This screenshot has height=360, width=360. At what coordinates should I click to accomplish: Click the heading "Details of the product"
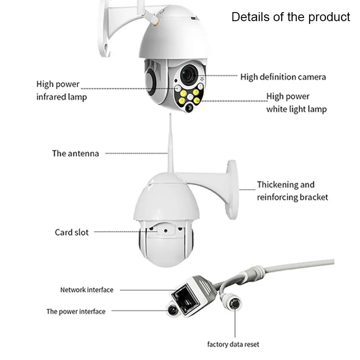pyautogui.click(x=290, y=17)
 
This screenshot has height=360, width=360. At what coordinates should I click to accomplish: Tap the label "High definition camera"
pyautogui.click(x=283, y=77)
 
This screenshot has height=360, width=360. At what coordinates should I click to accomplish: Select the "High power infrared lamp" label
pyautogui.click(x=61, y=90)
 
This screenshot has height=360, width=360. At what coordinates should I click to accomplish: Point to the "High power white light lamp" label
pyautogui.click(x=296, y=103)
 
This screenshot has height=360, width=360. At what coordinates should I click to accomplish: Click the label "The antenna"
pyautogui.click(x=75, y=153)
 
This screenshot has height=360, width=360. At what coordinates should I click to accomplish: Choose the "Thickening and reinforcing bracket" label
pyautogui.click(x=292, y=191)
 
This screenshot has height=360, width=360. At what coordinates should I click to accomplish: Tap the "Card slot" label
pyautogui.click(x=72, y=232)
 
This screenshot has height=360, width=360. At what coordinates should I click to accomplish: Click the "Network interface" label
pyautogui.click(x=87, y=290)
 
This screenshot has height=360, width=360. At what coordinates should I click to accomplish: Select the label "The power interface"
pyautogui.click(x=76, y=311)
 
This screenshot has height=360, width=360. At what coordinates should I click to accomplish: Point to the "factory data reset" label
pyautogui.click(x=233, y=345)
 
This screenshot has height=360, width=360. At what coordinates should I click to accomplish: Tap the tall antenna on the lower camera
pyautogui.click(x=170, y=144)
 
